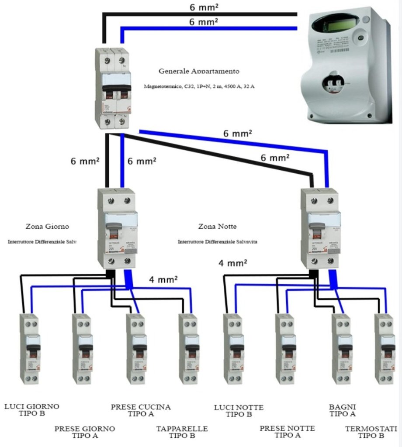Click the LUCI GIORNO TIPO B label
[x=32, y=410]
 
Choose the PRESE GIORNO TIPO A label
[x=85, y=432]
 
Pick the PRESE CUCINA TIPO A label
[x=141, y=410]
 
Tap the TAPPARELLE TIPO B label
[x=182, y=432]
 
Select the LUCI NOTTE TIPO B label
[x=239, y=411]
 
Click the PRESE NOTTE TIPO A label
[x=287, y=432]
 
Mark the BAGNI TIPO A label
[x=343, y=410]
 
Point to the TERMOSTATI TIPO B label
[x=371, y=432]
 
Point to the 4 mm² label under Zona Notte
[x=233, y=263]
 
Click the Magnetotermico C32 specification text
[x=199, y=86]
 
